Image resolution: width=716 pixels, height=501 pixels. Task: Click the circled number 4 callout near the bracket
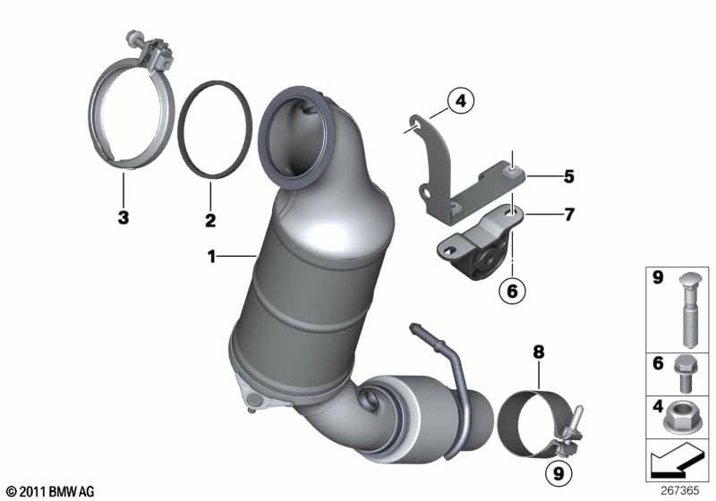coord(461,100)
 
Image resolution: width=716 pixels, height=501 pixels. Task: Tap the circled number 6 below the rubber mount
coord(512,290)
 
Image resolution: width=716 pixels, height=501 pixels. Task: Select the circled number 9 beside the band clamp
coord(558,473)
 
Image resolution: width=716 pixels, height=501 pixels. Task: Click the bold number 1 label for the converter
coord(211,257)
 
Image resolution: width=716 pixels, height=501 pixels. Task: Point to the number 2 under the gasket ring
coord(210,220)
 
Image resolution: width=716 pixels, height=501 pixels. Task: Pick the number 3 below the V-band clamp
coord(124,217)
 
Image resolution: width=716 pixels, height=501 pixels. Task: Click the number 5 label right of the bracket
coord(568,176)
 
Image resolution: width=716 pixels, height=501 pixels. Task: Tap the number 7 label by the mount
coord(568,214)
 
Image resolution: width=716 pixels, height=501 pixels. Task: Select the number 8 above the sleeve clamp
coord(539,352)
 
